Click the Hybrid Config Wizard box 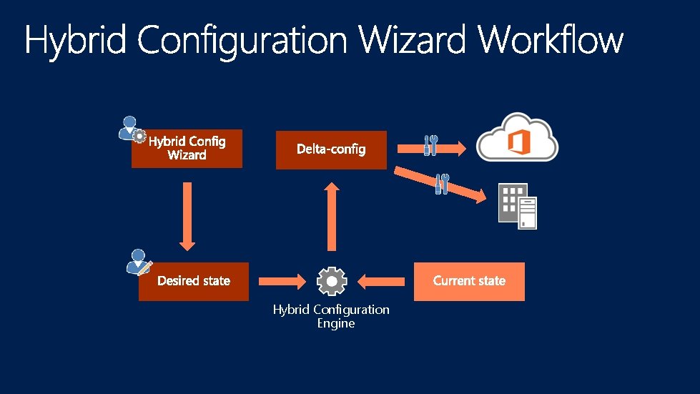[x=187, y=149]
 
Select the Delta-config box [x=331, y=149]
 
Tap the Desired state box [x=194, y=281]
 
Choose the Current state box [x=469, y=281]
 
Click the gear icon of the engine [x=332, y=282]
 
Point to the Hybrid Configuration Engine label [x=332, y=316]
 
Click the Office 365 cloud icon [x=518, y=138]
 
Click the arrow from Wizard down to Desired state [x=187, y=215]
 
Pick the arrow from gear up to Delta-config [x=332, y=215]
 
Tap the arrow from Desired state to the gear [x=282, y=282]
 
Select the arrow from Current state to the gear [x=380, y=282]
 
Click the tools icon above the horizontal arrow [x=430, y=144]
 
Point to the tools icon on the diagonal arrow [x=443, y=183]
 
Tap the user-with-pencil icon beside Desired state [x=139, y=262]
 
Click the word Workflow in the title [x=551, y=39]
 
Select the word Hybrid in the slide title [x=76, y=41]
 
